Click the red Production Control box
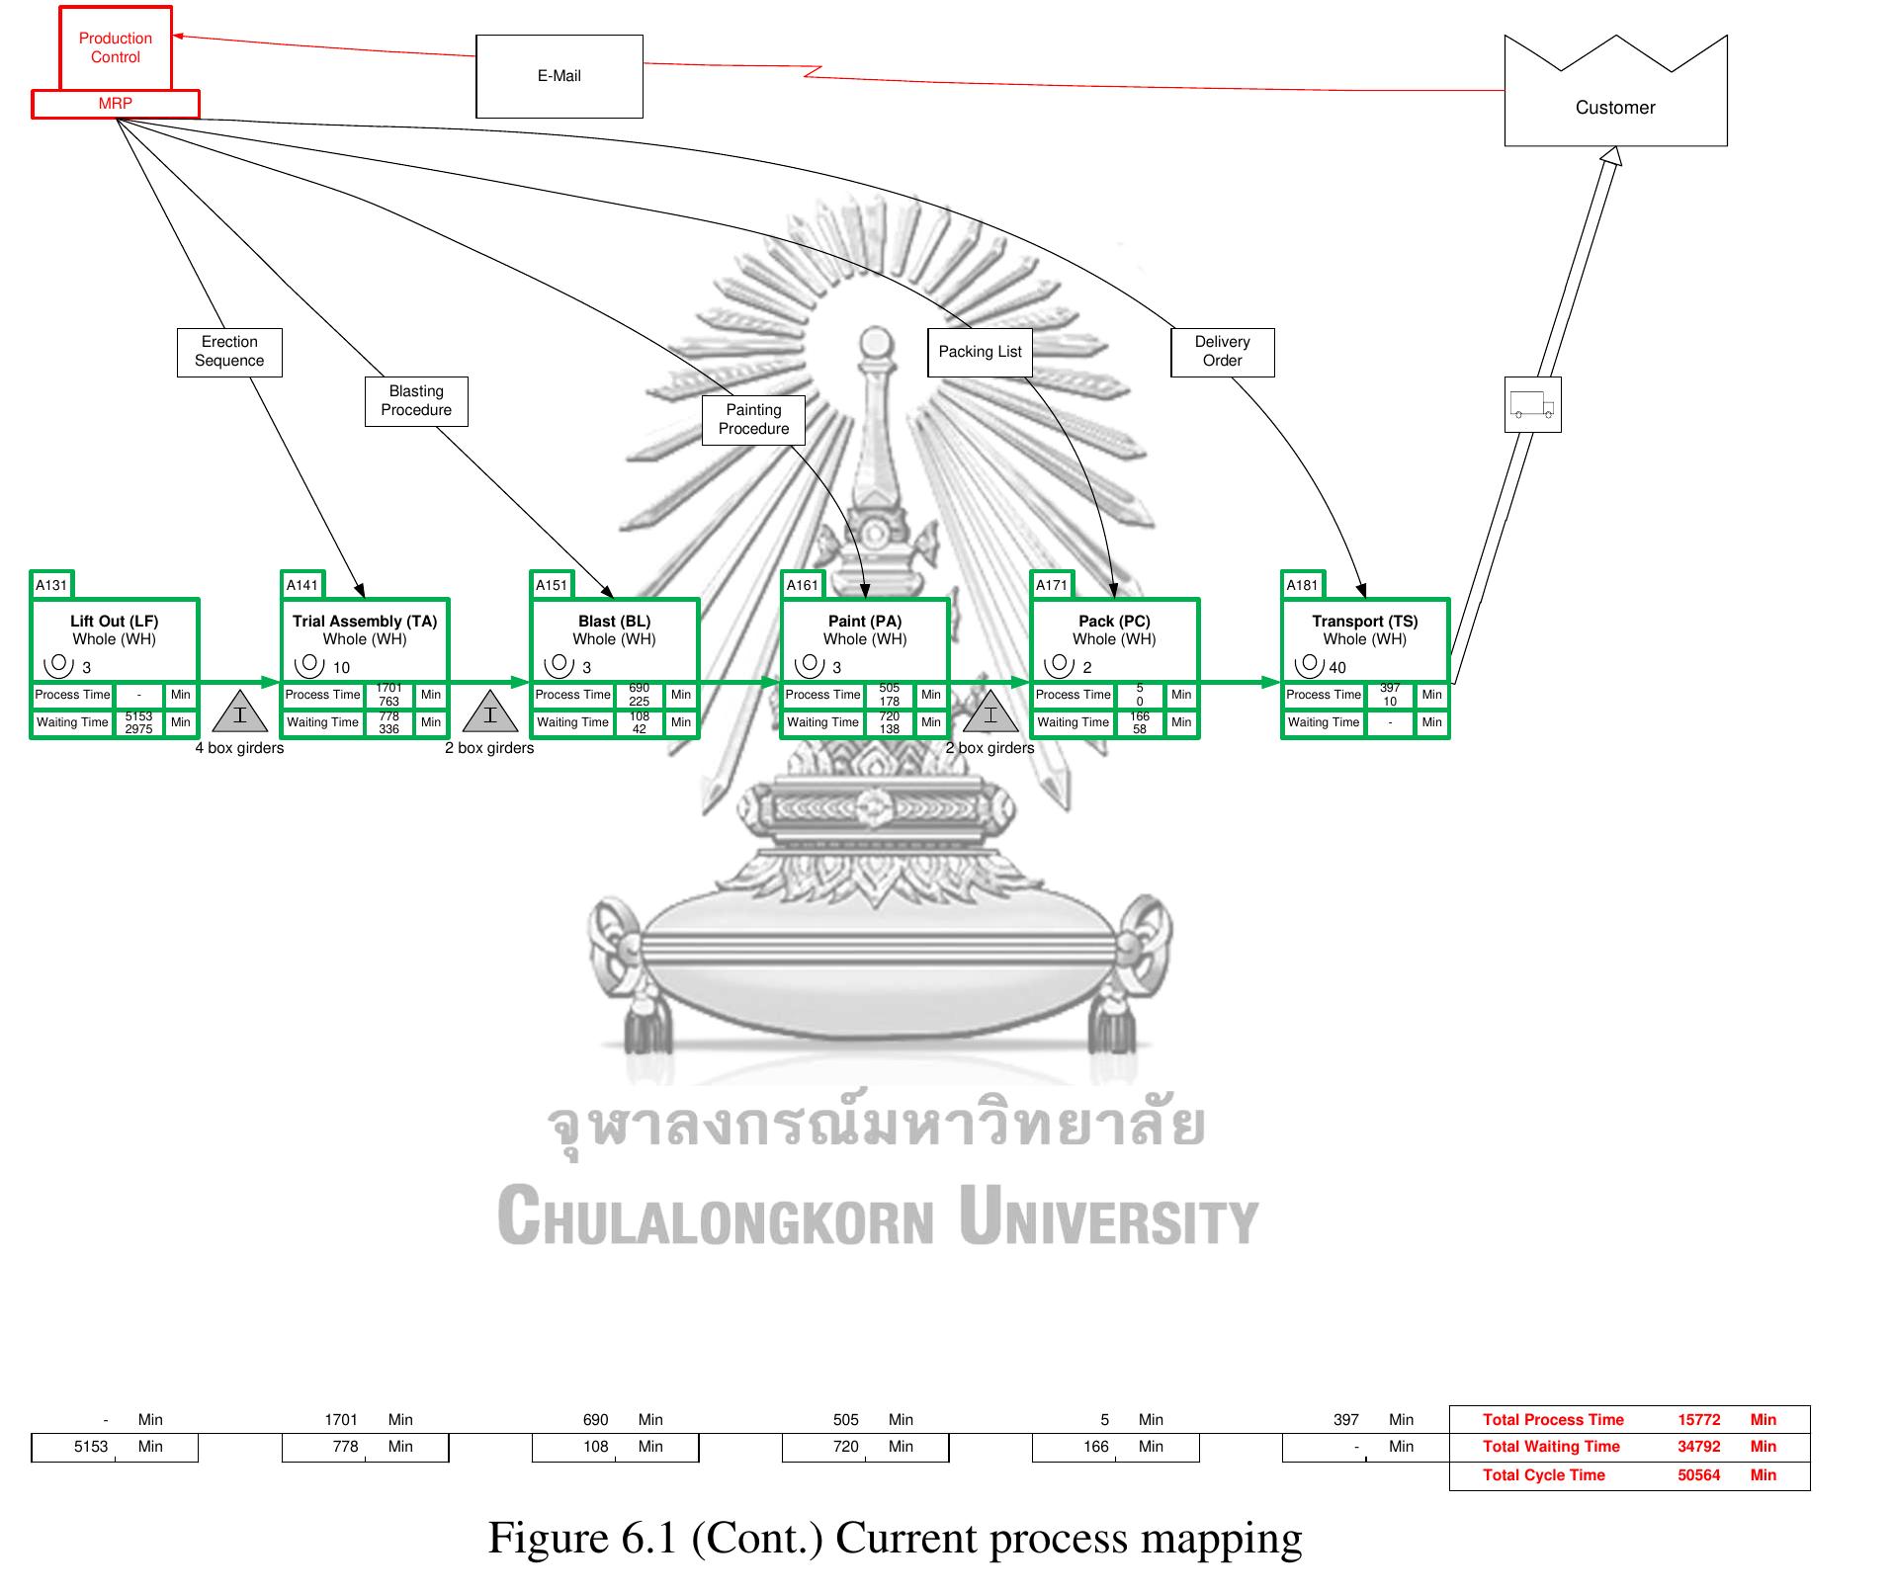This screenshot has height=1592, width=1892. click(116, 47)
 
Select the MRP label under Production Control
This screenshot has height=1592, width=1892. click(116, 104)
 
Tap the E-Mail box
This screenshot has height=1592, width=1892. click(559, 76)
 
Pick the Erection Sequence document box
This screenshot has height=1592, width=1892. click(229, 352)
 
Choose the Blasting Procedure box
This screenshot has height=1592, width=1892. click(416, 401)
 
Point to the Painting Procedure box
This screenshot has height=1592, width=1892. click(753, 420)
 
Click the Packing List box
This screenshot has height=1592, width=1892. click(980, 353)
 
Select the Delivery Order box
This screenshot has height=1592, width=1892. click(1222, 352)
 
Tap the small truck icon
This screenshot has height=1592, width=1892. click(1532, 405)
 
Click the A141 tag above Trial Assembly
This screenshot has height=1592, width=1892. click(302, 585)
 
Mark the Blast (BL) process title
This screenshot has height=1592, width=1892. click(614, 622)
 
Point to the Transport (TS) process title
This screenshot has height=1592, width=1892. click(1364, 622)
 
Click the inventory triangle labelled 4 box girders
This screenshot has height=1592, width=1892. click(240, 713)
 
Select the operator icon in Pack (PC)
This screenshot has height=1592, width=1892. click(1058, 665)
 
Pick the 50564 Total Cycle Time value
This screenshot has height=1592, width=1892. click(1698, 1475)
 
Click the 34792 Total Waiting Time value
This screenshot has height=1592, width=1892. click(1698, 1447)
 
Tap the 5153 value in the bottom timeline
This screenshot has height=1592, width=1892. click(91, 1447)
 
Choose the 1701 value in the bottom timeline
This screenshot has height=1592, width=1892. click(341, 1420)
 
